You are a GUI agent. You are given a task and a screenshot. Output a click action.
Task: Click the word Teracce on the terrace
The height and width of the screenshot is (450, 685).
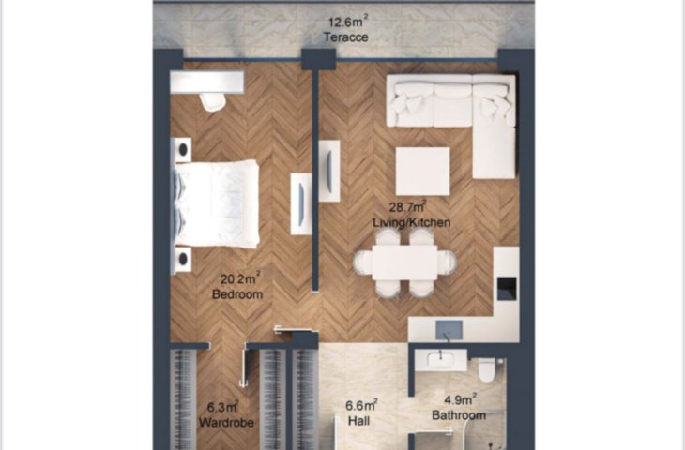coord(346,37)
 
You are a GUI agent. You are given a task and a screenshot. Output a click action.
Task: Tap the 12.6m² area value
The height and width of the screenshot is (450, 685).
coord(348,21)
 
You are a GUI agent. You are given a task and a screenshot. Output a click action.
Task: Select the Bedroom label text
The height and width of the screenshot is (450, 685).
coord(237,294)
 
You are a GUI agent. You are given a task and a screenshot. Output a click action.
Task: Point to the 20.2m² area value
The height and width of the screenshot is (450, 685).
coord(240,278)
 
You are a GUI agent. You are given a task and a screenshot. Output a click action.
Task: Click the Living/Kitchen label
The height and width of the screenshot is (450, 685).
coord(412,222)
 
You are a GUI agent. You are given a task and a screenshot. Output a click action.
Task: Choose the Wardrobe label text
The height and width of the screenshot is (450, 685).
coord(226,423)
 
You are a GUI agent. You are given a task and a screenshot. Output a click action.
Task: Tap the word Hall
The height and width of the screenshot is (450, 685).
coord(359,421)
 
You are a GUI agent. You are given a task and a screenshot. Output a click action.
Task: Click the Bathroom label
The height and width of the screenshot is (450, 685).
coord(459,415)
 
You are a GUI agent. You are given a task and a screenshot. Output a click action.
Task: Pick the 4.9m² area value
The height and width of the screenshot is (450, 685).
coord(460,399)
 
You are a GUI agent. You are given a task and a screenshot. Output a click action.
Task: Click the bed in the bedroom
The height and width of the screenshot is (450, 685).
coord(216,204)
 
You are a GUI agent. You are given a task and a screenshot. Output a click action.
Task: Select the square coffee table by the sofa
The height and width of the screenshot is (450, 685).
coord(422,172)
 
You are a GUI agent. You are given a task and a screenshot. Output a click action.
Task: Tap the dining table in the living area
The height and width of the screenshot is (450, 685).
coord(404,262)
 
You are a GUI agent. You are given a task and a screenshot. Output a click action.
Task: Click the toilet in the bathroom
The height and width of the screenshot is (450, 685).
coord(487,369)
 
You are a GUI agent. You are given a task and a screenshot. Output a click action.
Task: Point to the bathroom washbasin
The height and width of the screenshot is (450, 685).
coord(440,361)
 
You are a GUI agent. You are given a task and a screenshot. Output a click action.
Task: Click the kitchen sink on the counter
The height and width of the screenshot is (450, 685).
coord(449,330)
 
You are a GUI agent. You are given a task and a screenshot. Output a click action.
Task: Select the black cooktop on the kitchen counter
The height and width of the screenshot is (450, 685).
coord(507,289)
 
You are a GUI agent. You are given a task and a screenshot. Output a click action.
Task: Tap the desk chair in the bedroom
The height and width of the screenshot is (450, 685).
coord(213,101)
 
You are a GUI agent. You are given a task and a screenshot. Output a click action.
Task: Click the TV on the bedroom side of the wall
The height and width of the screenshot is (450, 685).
coord(301,204)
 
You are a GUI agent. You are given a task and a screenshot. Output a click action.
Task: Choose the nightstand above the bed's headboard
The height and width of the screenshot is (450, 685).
coord(181,150)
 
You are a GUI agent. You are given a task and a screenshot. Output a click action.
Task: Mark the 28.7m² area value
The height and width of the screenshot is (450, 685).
coord(408,206)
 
